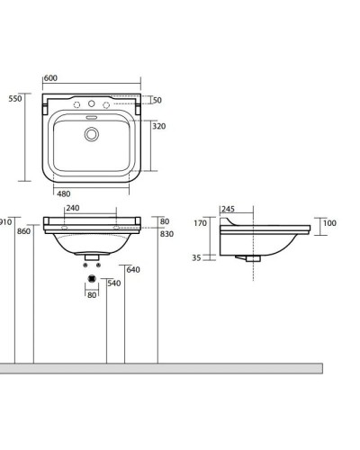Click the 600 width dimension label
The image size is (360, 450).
pos(50,78)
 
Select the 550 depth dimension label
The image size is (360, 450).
pos(15,99)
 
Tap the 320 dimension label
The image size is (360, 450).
pos(159,126)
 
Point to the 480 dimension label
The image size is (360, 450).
pos(64,193)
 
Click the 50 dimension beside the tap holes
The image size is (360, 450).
pos(157,100)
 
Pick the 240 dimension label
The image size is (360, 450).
pos(73,208)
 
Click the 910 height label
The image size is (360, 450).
pos(6,222)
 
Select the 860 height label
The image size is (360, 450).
pos(23,231)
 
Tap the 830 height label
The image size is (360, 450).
pos(166,234)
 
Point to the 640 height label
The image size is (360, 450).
pos(133,270)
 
